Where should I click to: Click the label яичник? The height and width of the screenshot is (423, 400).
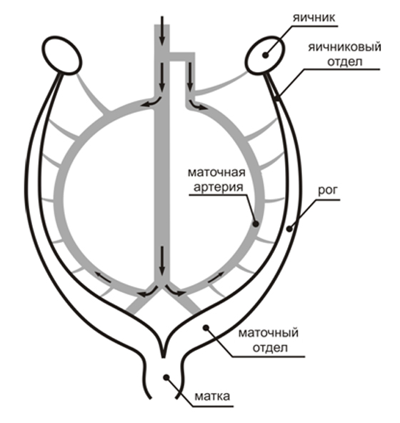[314, 18]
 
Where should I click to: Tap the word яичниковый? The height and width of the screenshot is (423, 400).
[345, 47]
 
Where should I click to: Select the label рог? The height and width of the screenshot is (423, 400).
[328, 191]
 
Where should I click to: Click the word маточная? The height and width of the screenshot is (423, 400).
[216, 172]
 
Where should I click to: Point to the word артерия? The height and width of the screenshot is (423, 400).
[218, 187]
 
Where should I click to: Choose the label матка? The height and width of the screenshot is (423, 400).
[212, 397]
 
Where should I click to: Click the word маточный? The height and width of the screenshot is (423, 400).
[269, 333]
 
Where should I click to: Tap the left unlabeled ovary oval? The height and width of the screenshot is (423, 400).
[62, 55]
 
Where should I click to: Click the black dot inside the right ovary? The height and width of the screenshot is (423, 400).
[266, 55]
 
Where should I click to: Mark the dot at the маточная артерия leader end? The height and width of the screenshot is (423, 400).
[256, 224]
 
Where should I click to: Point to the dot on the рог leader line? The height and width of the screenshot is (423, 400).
[289, 229]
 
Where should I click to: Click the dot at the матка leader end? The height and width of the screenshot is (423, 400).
[166, 377]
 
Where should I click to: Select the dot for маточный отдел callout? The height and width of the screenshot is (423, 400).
[206, 327]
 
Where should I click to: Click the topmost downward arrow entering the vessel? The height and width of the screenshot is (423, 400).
[162, 31]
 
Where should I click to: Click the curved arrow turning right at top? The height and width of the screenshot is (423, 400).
[197, 105]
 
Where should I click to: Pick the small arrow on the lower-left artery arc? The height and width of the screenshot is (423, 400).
[103, 278]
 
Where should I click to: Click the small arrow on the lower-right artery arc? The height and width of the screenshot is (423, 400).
[216, 277]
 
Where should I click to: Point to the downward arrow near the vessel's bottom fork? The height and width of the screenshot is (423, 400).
[162, 261]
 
